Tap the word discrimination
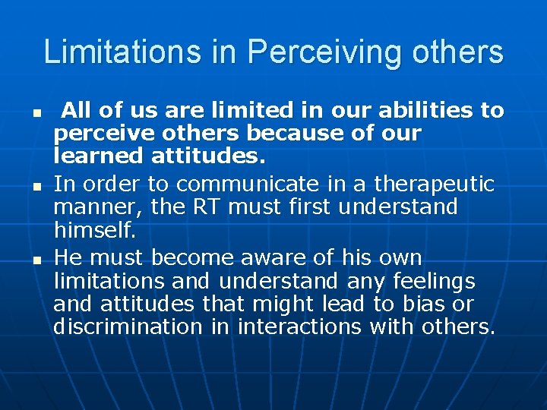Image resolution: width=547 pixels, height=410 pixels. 128,327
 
